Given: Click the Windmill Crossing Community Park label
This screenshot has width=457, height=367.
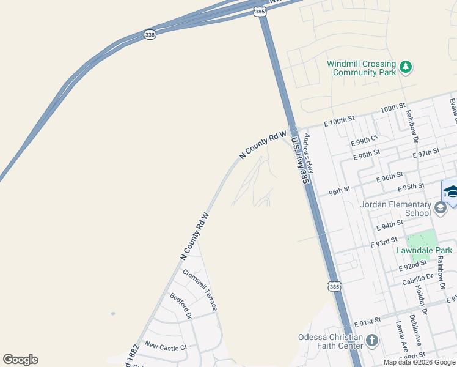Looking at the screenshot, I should coord(361,68).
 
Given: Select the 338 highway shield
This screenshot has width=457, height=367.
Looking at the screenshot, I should coord(150,35).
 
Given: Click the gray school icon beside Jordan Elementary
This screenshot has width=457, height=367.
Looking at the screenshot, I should coord(440,209).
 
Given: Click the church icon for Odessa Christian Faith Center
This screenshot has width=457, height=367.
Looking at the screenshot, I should coord(371,340).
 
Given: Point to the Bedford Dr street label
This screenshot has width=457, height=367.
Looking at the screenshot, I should coord(181,306).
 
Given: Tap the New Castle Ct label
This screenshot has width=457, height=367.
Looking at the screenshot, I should coord(166,347).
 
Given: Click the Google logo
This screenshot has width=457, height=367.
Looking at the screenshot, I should coord(20,360).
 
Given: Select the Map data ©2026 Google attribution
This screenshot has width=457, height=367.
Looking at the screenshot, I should coord(419,362).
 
